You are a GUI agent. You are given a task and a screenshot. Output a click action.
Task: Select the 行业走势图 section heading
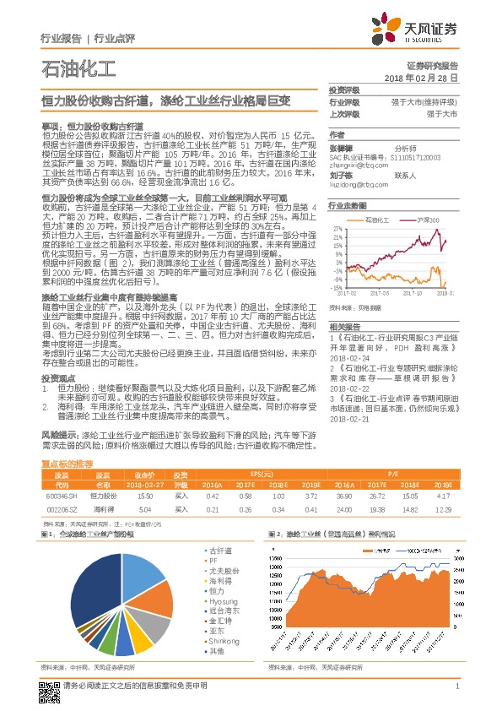click(x=348, y=205)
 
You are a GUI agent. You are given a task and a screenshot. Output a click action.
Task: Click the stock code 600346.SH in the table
click(x=60, y=497)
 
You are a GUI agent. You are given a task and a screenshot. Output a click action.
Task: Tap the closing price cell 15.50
click(x=144, y=497)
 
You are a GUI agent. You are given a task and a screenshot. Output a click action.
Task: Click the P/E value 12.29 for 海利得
click(x=441, y=510)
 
